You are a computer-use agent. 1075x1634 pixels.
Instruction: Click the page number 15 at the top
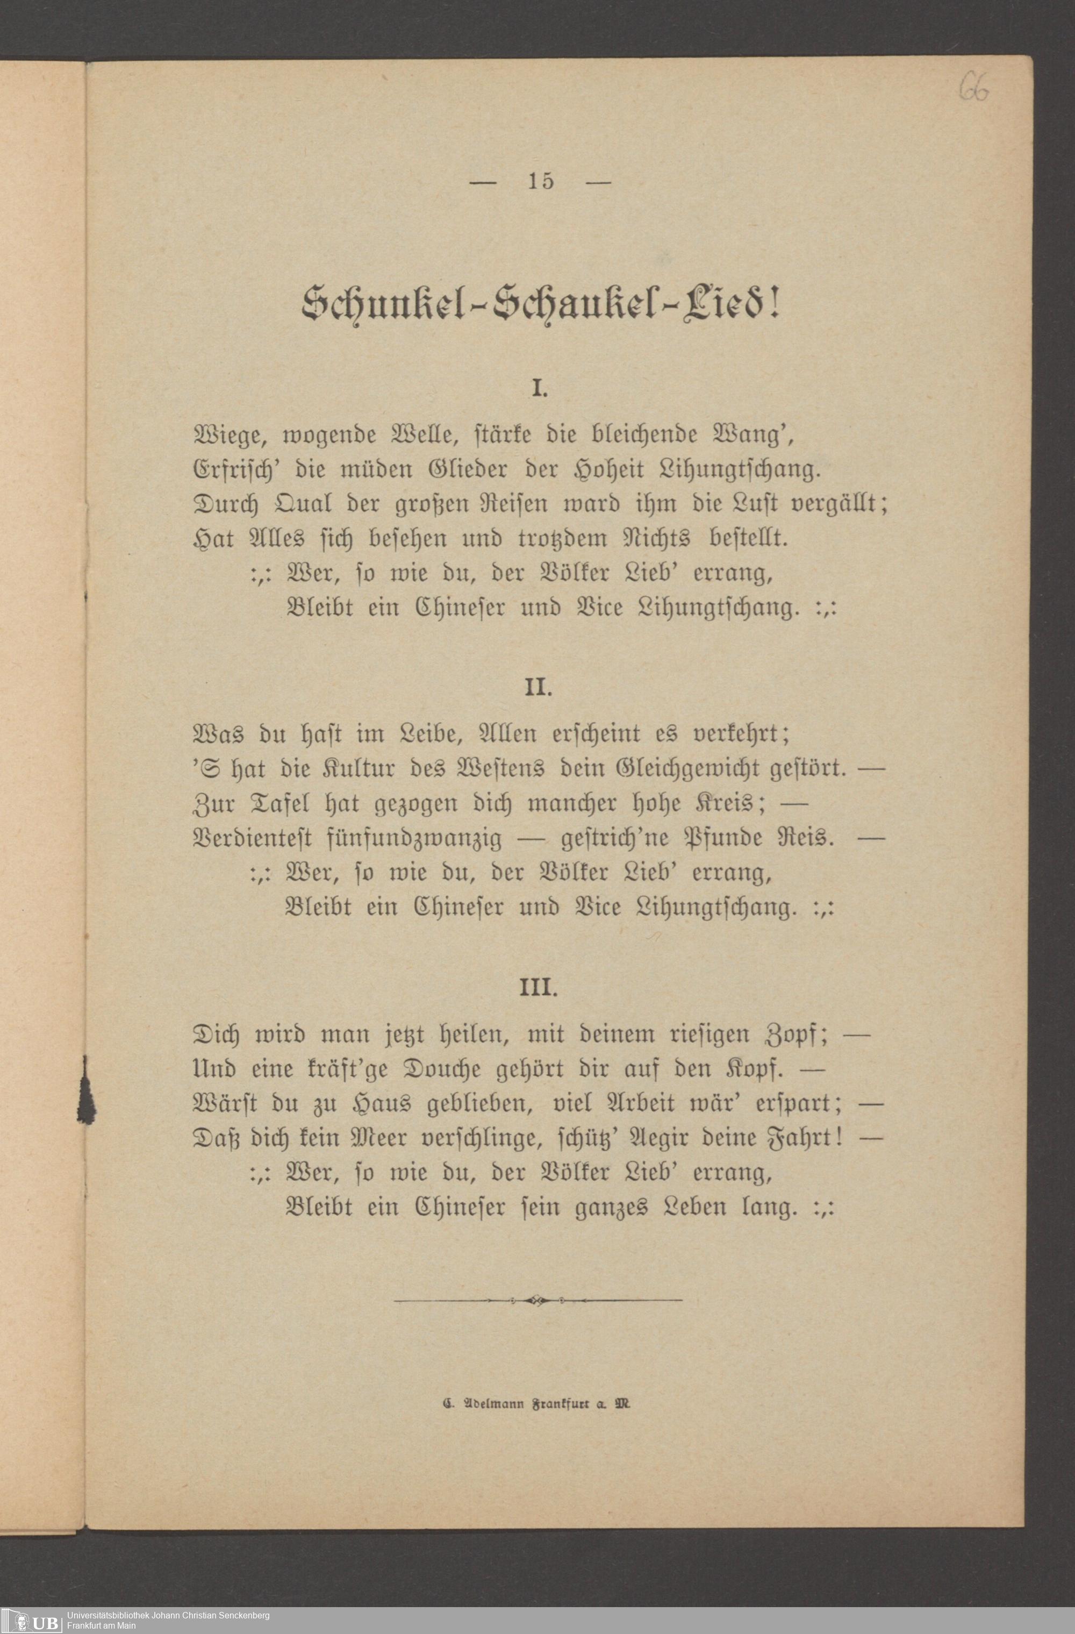(540, 181)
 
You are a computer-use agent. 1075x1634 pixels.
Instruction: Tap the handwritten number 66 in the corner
(974, 88)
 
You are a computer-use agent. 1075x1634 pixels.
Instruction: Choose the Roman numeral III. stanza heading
(539, 988)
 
